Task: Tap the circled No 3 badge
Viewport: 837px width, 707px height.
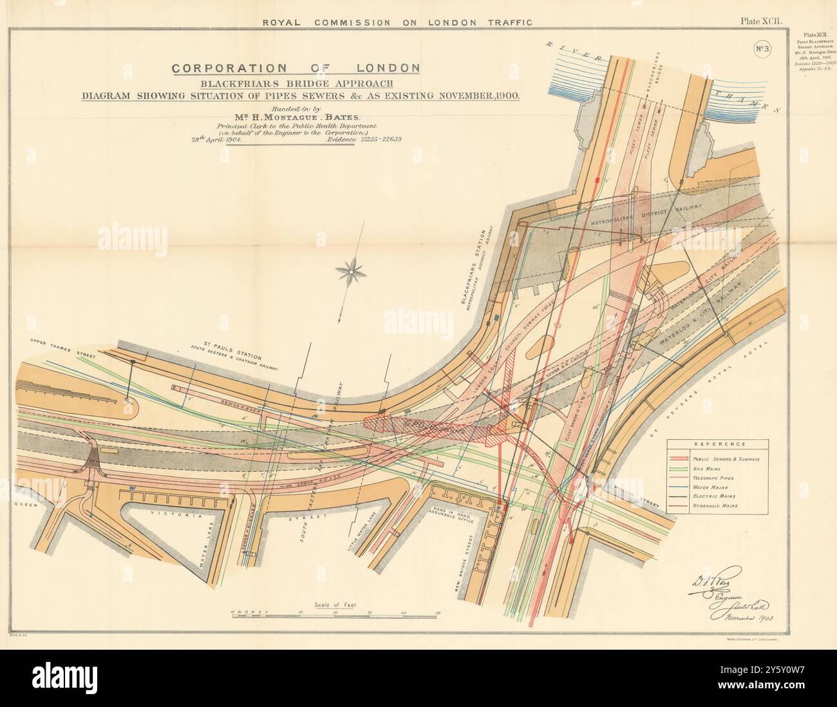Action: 763,49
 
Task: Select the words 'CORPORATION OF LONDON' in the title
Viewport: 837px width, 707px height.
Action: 296,67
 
